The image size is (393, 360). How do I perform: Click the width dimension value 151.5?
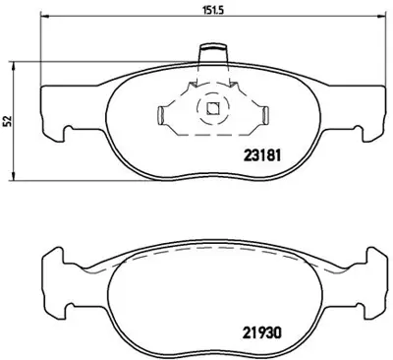coord(208,14)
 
